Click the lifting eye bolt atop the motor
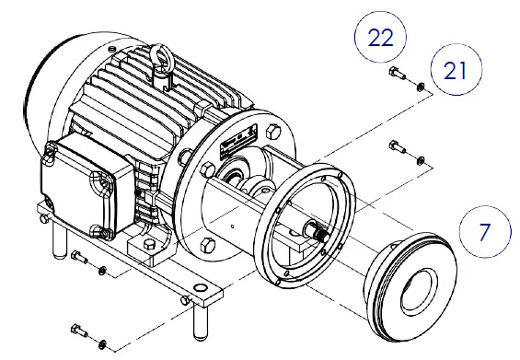point(165,68)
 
